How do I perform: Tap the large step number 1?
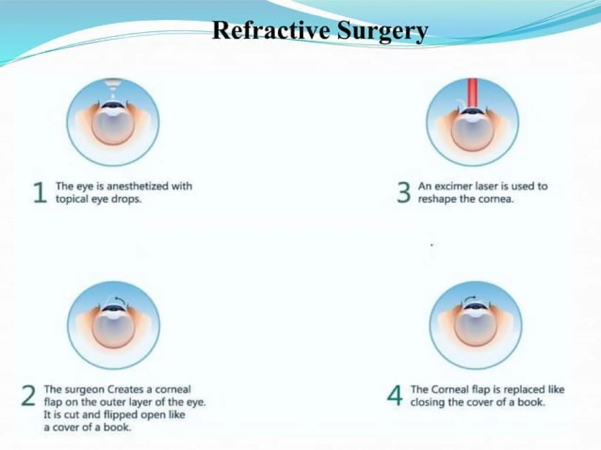(40, 192)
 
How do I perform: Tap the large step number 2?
(29, 396)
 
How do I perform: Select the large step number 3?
(404, 192)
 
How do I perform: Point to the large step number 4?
(395, 396)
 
